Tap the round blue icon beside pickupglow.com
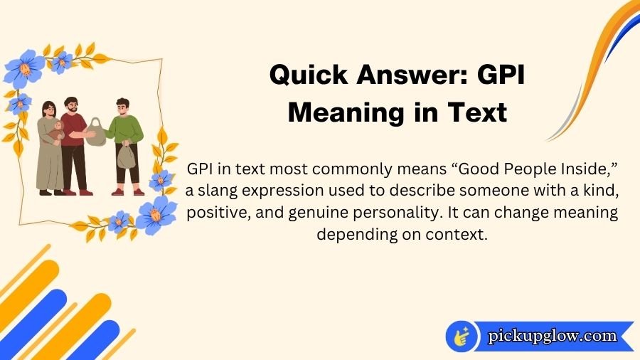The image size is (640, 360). (462, 336)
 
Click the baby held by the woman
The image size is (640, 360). (56, 131)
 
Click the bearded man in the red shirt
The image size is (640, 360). (73, 139)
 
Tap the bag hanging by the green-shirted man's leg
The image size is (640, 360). (126, 156)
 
